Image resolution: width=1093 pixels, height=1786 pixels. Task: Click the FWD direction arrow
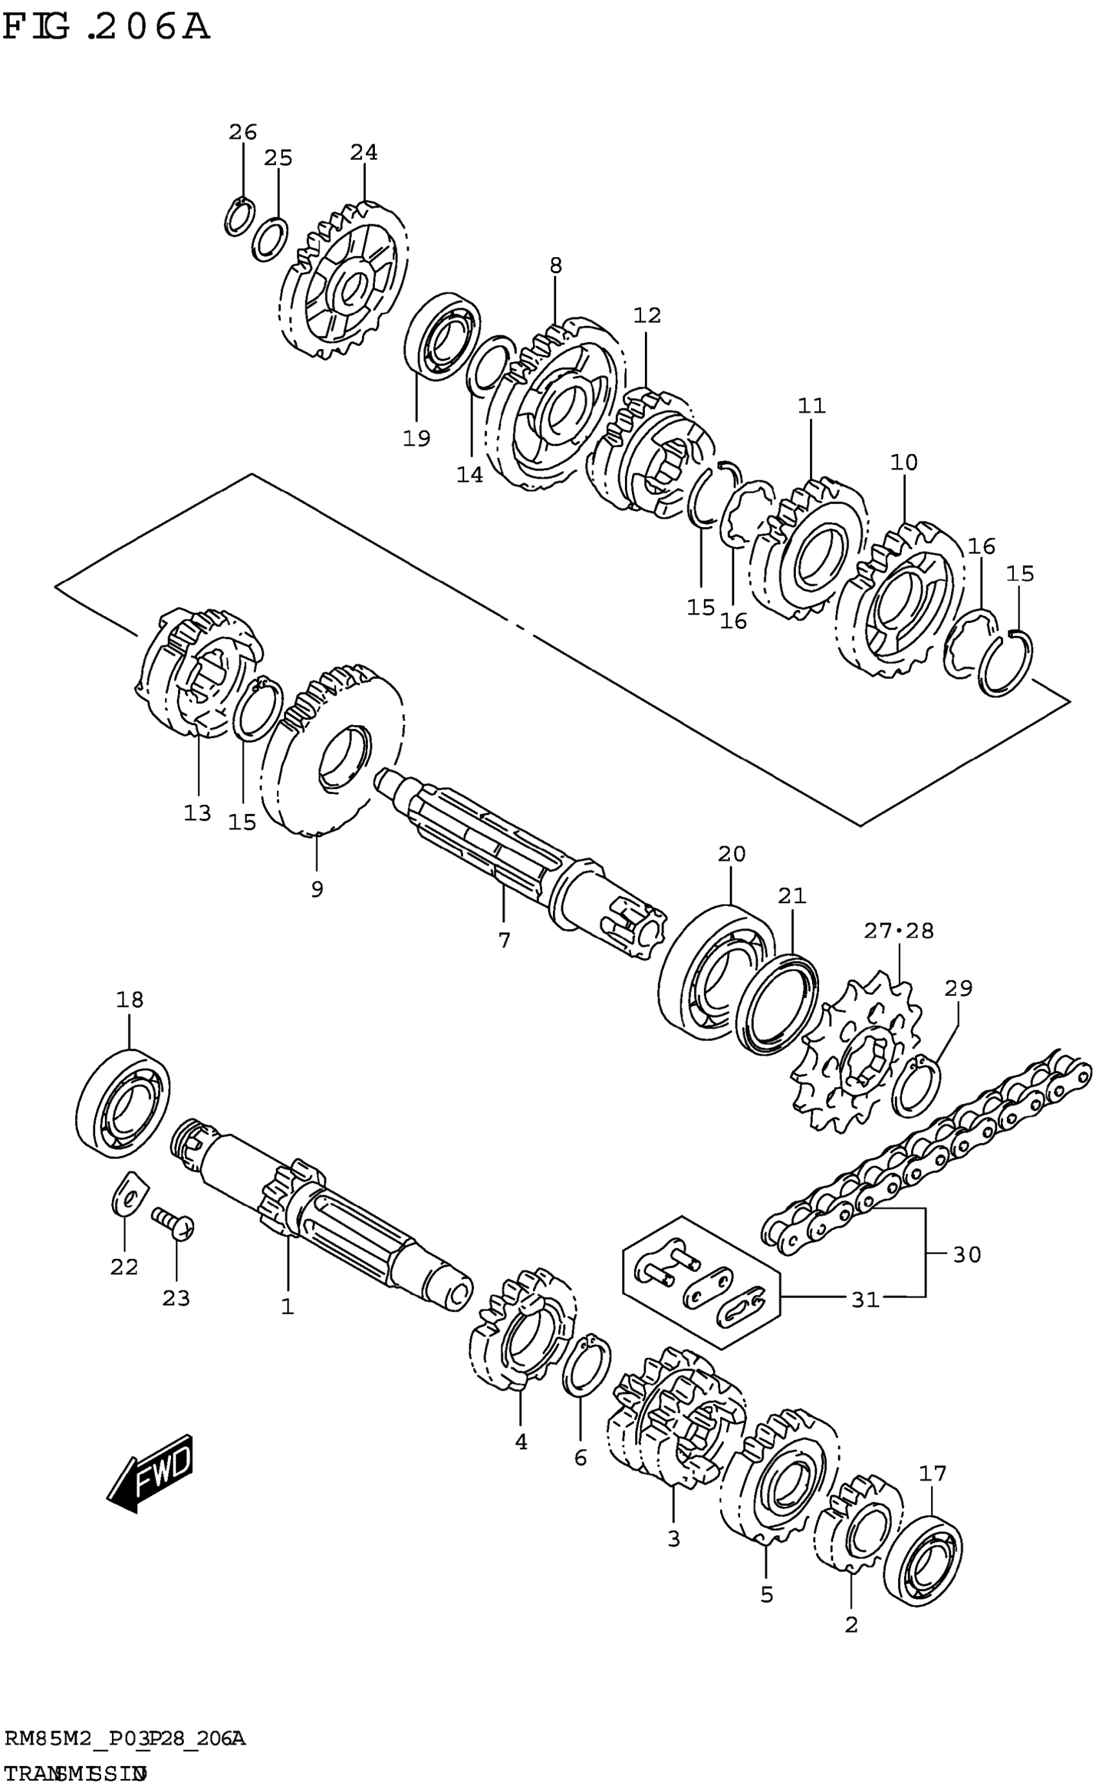pos(150,1472)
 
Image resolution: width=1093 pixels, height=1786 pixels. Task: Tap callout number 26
pos(243,132)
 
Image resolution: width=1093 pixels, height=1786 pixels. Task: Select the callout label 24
pos(364,152)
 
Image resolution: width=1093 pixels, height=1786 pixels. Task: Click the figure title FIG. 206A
pos(107,28)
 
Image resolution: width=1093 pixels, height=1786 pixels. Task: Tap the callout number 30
pos(966,1254)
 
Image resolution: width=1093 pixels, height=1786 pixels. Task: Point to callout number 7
pos(505,940)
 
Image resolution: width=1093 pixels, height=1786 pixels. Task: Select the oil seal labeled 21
pos(777,1004)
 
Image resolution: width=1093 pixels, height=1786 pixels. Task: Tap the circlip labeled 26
pos(239,216)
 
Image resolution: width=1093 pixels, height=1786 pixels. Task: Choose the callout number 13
pos(197,813)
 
